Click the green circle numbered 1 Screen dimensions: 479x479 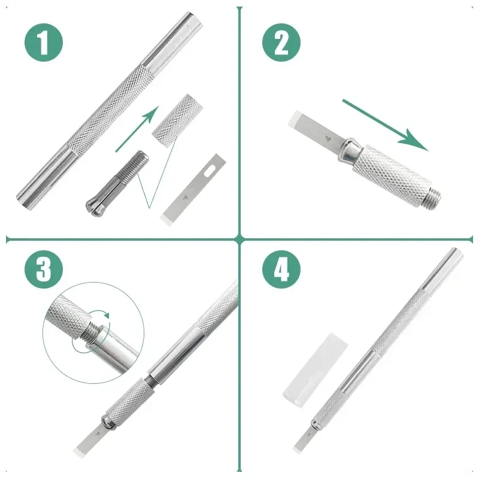point(44,42)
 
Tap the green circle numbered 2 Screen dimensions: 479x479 point(281,42)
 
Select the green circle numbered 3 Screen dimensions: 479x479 point(44,269)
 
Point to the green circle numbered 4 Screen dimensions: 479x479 point(281,269)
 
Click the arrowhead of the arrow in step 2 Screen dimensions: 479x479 point(416,141)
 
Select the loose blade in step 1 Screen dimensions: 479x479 point(193,190)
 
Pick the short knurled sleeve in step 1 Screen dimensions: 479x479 point(177,121)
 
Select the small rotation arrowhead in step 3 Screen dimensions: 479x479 point(107,315)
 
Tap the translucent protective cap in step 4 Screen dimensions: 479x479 point(315,370)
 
